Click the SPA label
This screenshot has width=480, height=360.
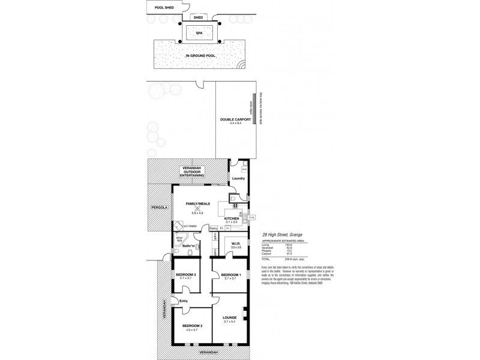(199, 33)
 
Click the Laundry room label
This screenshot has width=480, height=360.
(238, 178)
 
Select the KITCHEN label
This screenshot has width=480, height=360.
(232, 218)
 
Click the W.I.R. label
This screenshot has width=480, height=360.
(235, 244)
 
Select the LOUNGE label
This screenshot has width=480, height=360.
(230, 317)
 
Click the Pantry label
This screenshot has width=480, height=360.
(213, 229)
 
